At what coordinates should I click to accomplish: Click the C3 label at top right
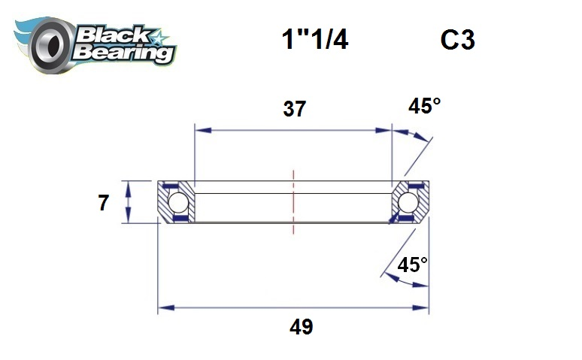(457, 41)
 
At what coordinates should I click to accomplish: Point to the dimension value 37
(294, 109)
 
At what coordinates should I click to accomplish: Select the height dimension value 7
(104, 203)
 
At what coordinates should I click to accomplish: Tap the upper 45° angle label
(424, 106)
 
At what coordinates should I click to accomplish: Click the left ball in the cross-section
(177, 203)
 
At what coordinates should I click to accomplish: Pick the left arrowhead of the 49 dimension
(163, 307)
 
